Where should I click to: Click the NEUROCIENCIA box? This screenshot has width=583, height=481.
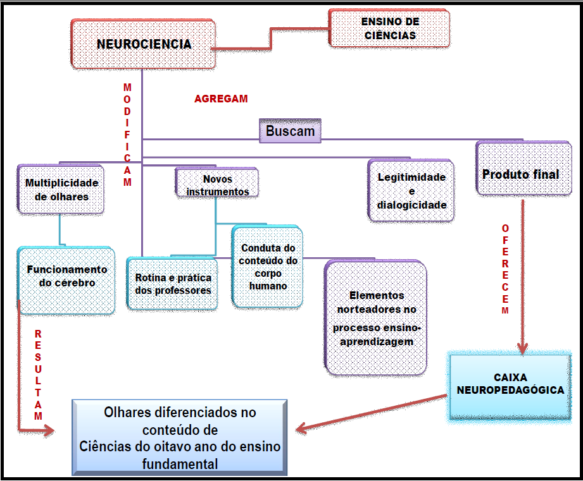tap(144, 44)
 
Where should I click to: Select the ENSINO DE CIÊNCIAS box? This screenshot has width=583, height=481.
tap(389, 28)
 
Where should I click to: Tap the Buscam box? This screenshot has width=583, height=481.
tap(290, 131)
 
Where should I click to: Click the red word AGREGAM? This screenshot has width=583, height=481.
tap(221, 99)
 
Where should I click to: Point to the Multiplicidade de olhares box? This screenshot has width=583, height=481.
tap(61, 189)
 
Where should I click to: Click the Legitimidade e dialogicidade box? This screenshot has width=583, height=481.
tap(411, 190)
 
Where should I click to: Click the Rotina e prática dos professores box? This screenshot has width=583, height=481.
tap(173, 284)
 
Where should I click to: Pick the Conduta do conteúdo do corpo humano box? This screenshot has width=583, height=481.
tap(268, 267)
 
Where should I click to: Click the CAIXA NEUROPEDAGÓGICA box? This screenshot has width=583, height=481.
tap(510, 384)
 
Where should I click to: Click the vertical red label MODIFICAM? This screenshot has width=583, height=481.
tap(127, 134)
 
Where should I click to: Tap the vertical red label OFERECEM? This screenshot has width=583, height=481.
tap(505, 270)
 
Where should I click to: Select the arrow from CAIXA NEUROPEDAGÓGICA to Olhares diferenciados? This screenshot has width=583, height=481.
tap(373, 413)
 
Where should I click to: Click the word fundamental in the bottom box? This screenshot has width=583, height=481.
tap(180, 465)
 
